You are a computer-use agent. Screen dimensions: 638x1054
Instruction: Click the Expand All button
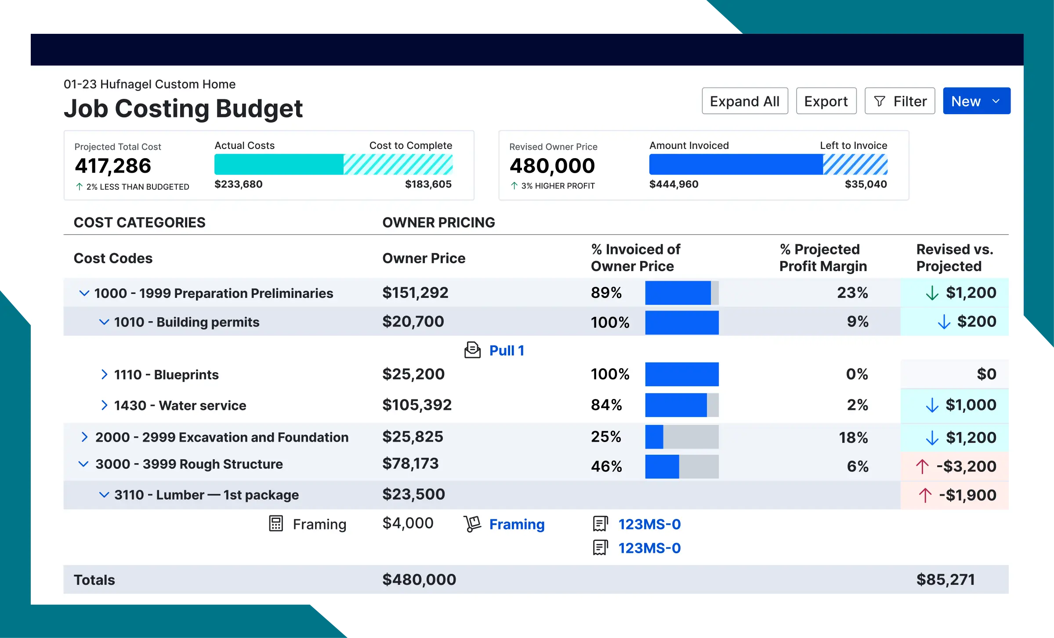pyautogui.click(x=745, y=101)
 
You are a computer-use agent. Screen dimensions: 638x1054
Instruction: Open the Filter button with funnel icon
pyautogui.click(x=900, y=101)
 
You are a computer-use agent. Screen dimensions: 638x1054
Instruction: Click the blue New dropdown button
pyautogui.click(x=976, y=101)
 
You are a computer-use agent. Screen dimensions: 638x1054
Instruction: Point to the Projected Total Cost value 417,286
pyautogui.click(x=113, y=166)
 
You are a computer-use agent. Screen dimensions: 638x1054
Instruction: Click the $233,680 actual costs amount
pyautogui.click(x=238, y=184)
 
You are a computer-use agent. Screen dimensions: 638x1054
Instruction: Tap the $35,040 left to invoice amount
pyautogui.click(x=866, y=184)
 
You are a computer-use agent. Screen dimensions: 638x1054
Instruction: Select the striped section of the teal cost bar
pyautogui.click(x=398, y=164)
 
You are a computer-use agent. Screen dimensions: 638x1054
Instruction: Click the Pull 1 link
pyautogui.click(x=507, y=351)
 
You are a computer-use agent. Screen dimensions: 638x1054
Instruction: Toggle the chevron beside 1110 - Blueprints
pyautogui.click(x=104, y=374)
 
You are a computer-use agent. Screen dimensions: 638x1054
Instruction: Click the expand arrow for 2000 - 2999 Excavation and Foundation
pyautogui.click(x=84, y=437)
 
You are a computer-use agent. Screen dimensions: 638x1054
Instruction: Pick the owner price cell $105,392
pyautogui.click(x=417, y=405)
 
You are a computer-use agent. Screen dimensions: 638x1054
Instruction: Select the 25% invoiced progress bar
pyautogui.click(x=681, y=437)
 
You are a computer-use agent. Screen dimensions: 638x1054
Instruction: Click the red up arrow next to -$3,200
pyautogui.click(x=922, y=466)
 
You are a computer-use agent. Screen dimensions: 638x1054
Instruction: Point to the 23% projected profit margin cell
pyautogui.click(x=852, y=293)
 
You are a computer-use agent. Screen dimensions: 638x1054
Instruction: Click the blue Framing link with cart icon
pyautogui.click(x=517, y=524)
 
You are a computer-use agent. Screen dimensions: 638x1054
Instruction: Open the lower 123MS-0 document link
pyautogui.click(x=649, y=548)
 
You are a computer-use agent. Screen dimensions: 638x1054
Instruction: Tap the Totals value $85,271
pyautogui.click(x=945, y=580)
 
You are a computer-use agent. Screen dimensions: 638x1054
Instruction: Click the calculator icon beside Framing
pyautogui.click(x=276, y=524)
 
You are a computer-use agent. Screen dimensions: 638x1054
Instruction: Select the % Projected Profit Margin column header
pyautogui.click(x=822, y=257)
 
